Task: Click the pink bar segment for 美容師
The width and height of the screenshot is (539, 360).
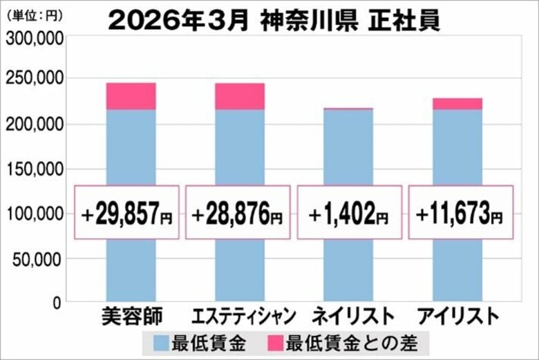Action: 131,96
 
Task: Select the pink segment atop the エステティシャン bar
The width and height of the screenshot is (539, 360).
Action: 239,96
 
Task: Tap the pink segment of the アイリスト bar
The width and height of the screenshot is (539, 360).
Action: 457,104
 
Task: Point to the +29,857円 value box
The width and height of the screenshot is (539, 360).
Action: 127,212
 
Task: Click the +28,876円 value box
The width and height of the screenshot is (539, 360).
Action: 238,212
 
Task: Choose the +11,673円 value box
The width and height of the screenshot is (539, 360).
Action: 460,212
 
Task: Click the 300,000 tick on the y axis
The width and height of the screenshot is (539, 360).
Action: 35,40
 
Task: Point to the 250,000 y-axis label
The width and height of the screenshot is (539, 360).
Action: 35,79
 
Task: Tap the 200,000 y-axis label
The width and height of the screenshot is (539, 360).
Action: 35,124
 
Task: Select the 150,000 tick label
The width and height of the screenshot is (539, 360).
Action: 35,169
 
